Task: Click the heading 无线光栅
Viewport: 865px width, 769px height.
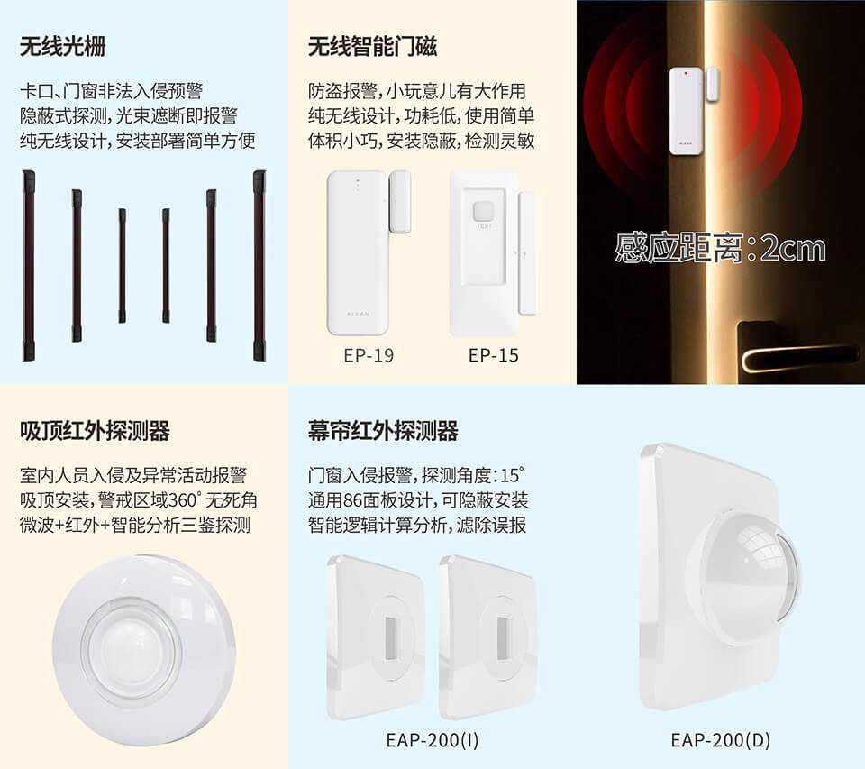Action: click(x=62, y=46)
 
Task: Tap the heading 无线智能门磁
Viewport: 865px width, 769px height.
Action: click(x=372, y=46)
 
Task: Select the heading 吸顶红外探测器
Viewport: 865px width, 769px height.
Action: click(x=95, y=431)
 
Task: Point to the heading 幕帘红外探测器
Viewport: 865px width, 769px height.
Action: click(x=384, y=431)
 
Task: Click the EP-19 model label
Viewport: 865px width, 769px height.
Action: click(x=369, y=355)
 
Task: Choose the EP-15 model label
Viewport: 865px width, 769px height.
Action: click(x=494, y=355)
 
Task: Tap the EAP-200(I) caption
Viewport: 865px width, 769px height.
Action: click(x=432, y=740)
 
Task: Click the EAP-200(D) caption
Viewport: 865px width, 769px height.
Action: click(x=721, y=740)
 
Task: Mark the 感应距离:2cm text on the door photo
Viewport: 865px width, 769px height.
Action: click(x=721, y=248)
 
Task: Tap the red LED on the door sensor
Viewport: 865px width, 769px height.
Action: click(x=686, y=72)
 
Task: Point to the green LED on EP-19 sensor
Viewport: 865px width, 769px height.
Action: click(x=358, y=180)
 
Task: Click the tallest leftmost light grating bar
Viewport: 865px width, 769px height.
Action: click(x=28, y=266)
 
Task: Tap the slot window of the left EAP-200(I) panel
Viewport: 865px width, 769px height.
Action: click(x=390, y=637)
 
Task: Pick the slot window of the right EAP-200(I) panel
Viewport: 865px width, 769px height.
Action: click(x=503, y=637)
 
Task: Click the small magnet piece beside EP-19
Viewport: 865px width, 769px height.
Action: click(x=400, y=202)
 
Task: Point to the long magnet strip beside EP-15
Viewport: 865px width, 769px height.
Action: click(x=528, y=252)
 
